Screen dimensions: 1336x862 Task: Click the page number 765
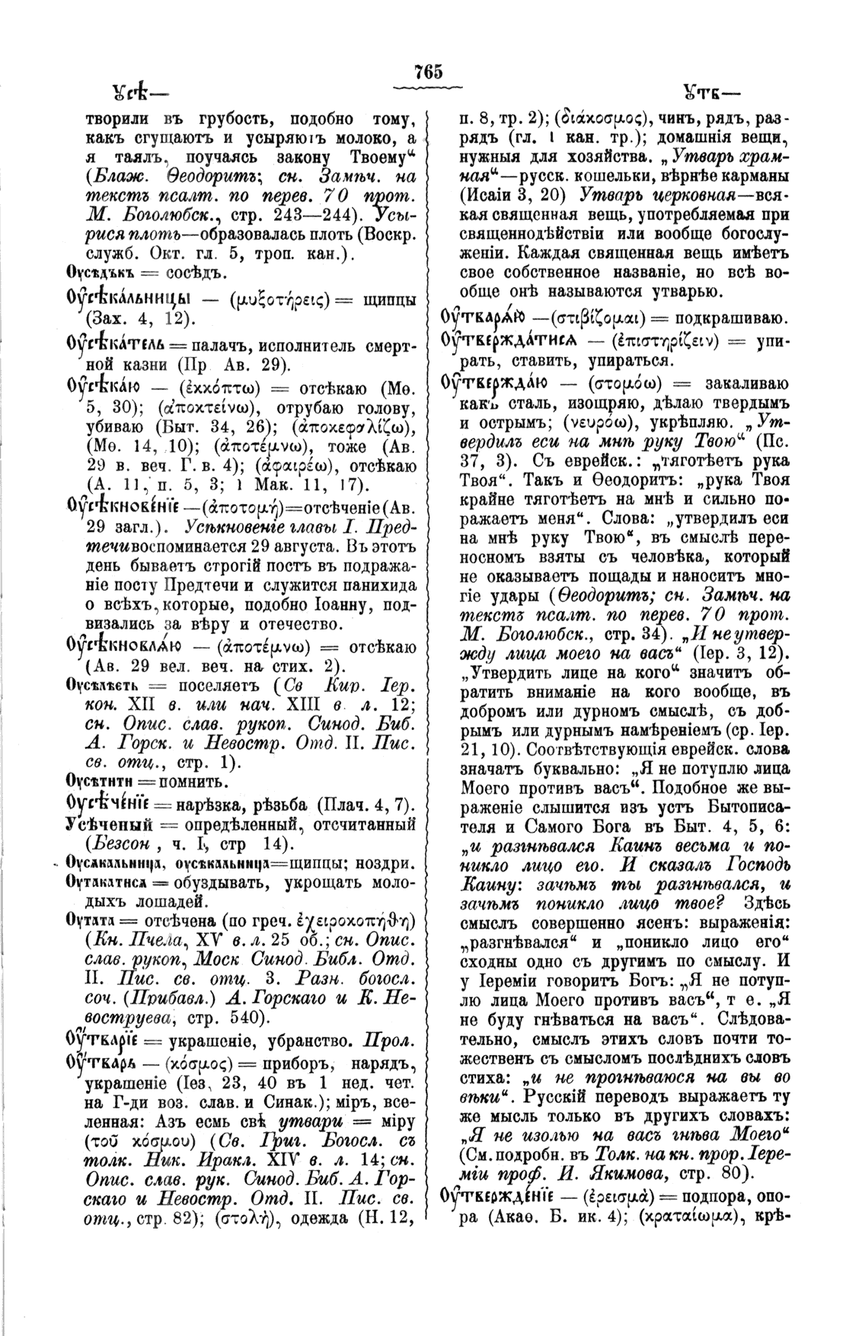429,72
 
